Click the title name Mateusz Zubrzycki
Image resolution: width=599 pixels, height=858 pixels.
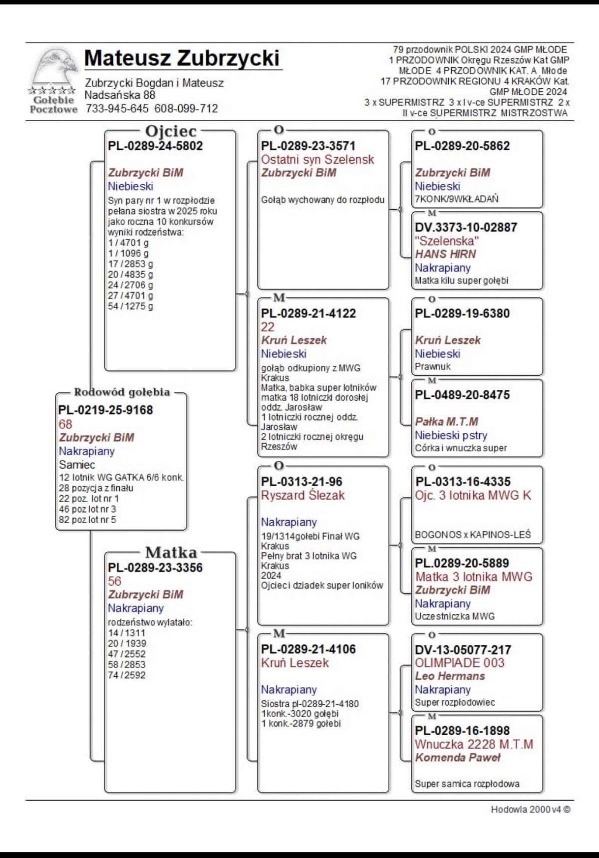tap(182, 58)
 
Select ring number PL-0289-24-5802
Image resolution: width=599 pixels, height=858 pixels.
tap(155, 146)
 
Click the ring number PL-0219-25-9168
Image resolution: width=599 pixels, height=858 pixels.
tap(105, 410)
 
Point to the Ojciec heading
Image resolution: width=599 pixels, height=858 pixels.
tap(171, 131)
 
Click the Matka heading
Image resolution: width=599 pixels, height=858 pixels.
tap(171, 553)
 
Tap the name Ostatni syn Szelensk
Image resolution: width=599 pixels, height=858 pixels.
tap(317, 160)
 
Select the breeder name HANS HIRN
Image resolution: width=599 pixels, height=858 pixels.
tap(445, 254)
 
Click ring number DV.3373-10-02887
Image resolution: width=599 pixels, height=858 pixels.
tap(466, 228)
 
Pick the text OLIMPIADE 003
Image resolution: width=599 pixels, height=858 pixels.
tap(459, 663)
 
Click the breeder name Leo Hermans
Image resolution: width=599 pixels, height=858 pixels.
tap(450, 676)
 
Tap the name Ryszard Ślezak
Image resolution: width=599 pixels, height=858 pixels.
tap(302, 495)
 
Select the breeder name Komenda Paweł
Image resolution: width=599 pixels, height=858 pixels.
tap(457, 758)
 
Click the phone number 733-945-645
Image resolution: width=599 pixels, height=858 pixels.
tap(117, 109)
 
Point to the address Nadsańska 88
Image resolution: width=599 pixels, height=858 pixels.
tap(120, 95)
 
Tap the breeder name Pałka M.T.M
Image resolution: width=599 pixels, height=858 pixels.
tap(446, 422)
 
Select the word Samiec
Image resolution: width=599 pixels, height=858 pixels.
tap(77, 465)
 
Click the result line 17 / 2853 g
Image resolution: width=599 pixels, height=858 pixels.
tap(130, 264)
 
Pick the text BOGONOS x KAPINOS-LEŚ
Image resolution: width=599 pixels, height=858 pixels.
tap(472, 535)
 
